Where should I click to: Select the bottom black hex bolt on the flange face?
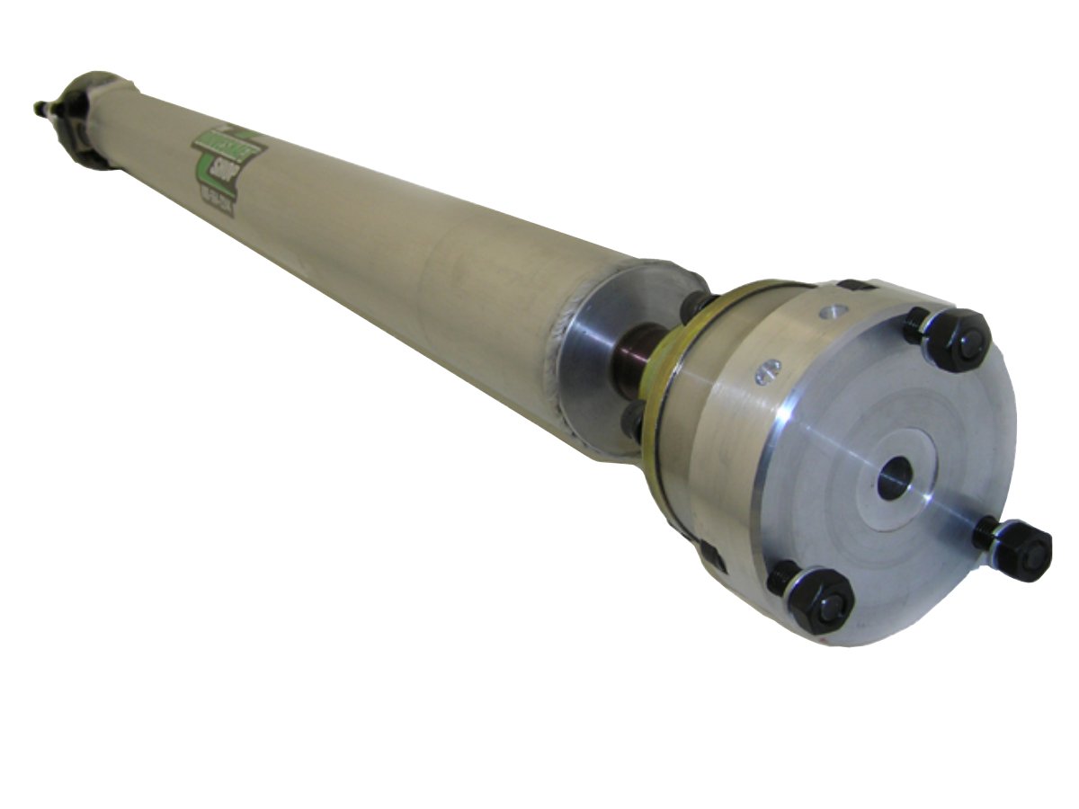815,600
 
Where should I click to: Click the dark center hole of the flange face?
895,476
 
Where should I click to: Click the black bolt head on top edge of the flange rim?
853,286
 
